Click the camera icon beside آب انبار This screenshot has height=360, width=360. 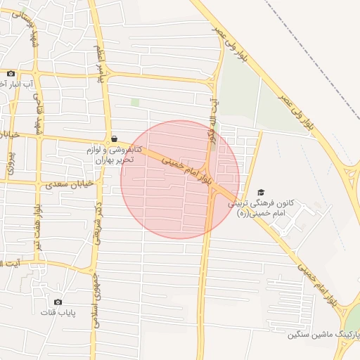(x=11, y=74)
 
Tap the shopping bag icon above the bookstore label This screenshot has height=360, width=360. (x=115, y=139)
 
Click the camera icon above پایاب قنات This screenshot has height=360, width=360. (x=58, y=302)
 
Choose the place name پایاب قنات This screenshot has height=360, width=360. (x=58, y=312)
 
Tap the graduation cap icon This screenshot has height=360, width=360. (x=262, y=192)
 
